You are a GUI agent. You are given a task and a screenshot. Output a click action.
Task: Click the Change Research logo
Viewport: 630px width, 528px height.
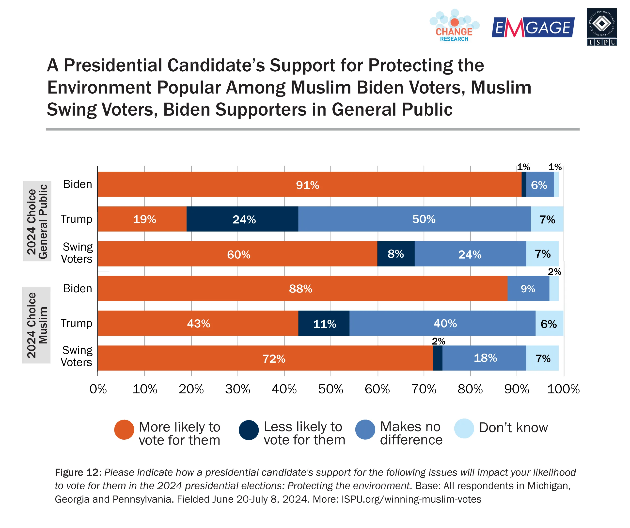point(454,26)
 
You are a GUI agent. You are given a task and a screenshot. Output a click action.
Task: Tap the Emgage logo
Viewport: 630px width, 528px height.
point(533,28)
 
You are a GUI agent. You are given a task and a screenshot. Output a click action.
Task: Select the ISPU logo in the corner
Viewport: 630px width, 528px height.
point(601,27)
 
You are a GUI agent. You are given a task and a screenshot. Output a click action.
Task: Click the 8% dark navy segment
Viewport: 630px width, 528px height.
point(396,254)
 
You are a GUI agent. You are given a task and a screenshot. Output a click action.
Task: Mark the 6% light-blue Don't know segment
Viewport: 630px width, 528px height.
point(549,323)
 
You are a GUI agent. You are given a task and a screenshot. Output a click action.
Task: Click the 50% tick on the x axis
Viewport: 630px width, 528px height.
point(331,389)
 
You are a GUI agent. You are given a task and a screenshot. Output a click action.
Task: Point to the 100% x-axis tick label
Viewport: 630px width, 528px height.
point(563,389)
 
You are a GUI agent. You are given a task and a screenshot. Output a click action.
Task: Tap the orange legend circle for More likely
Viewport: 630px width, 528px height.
point(124,430)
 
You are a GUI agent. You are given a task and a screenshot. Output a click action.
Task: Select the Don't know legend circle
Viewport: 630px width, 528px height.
point(464,428)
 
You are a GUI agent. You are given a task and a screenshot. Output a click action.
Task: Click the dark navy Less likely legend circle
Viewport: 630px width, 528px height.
point(249,430)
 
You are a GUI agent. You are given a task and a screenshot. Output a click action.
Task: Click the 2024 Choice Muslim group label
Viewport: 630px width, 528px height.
point(37,325)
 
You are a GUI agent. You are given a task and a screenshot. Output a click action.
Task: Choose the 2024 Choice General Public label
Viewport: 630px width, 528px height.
point(37,221)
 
